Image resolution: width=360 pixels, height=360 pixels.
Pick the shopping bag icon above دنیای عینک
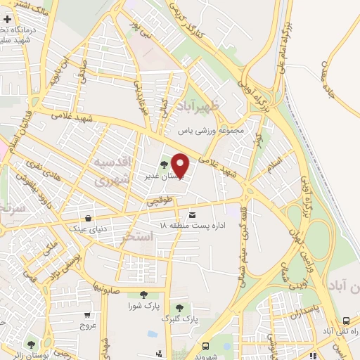87,217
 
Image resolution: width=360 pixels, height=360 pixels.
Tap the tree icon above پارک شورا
143,295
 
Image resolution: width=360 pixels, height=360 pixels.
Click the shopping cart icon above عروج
87,316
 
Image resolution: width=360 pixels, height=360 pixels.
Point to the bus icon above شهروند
205,347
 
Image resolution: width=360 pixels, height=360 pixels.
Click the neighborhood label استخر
136,236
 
